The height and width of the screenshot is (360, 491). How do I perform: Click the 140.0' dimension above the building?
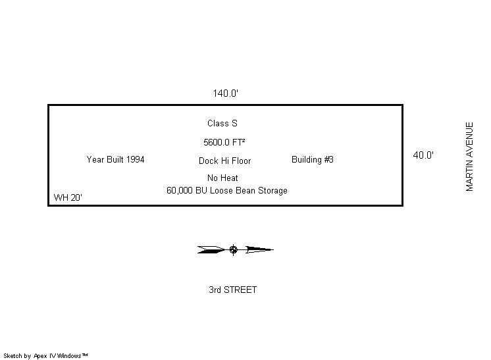(x=225, y=93)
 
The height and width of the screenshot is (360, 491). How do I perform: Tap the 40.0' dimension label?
(x=423, y=155)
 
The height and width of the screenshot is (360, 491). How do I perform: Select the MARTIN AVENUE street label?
(x=470, y=157)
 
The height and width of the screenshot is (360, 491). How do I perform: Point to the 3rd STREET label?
(x=232, y=290)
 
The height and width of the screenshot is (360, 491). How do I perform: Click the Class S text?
(x=222, y=123)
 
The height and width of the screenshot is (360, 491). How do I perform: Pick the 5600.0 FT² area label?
(x=224, y=141)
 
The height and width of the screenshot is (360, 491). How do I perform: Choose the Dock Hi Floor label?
(x=224, y=161)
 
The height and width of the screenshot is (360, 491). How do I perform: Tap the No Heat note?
(x=222, y=178)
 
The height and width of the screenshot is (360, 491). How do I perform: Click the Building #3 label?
(x=313, y=159)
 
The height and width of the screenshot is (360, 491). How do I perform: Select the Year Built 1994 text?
(x=115, y=159)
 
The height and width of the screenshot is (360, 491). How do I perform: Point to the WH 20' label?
(x=68, y=197)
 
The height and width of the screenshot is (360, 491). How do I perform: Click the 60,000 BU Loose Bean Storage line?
(x=227, y=191)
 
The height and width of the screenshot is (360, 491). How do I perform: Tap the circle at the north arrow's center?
(x=233, y=249)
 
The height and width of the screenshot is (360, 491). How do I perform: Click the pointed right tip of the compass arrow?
(x=271, y=249)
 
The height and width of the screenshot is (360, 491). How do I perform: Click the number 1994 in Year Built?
(x=134, y=159)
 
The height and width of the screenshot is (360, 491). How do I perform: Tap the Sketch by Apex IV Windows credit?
(x=45, y=356)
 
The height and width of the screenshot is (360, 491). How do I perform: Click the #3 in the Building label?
(x=328, y=159)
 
